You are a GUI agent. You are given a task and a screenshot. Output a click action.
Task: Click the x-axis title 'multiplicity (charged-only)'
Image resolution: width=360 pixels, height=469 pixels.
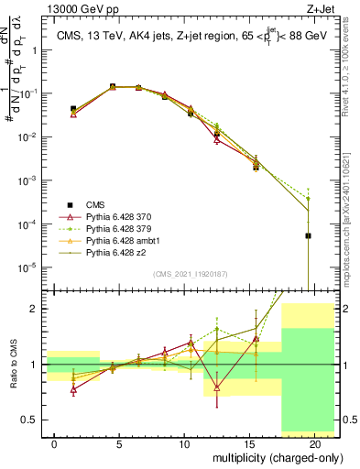(266, 456)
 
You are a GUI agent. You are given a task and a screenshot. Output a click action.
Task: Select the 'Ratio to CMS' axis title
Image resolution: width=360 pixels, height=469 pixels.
(12, 364)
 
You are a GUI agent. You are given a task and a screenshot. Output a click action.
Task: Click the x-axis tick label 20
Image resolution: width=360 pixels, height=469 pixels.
(314, 443)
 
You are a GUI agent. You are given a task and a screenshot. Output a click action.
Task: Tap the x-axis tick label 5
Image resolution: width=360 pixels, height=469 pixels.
(113, 443)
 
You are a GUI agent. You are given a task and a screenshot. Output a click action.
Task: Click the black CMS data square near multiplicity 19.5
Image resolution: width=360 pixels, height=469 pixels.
(308, 235)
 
